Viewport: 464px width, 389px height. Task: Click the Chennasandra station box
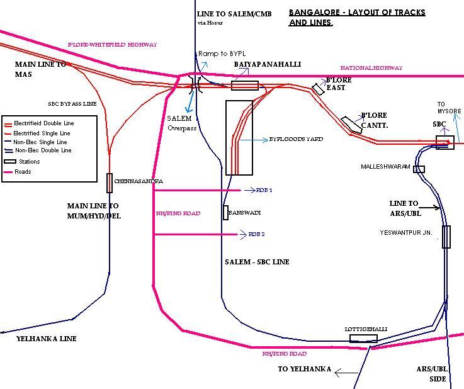tap(110, 183)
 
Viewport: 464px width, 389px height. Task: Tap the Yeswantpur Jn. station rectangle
tap(446, 237)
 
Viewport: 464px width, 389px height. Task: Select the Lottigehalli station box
tap(364, 339)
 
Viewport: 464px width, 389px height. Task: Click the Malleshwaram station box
tap(419, 169)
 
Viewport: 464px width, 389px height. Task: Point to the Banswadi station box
tap(225, 213)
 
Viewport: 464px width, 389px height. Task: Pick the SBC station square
tap(445, 143)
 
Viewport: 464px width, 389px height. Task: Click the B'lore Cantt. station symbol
tap(350, 125)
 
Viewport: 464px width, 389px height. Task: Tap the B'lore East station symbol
tap(319, 89)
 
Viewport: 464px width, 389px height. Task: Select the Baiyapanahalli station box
tap(245, 86)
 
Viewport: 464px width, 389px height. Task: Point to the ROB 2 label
tap(256, 234)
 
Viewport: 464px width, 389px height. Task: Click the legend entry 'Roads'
tap(23, 172)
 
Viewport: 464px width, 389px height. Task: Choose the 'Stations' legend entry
tap(29, 162)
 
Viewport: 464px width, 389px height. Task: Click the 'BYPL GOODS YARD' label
tap(296, 139)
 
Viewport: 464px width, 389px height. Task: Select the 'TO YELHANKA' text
tap(304, 369)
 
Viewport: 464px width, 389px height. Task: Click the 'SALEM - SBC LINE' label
tap(257, 262)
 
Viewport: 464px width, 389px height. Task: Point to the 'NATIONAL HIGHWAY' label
tap(371, 68)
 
